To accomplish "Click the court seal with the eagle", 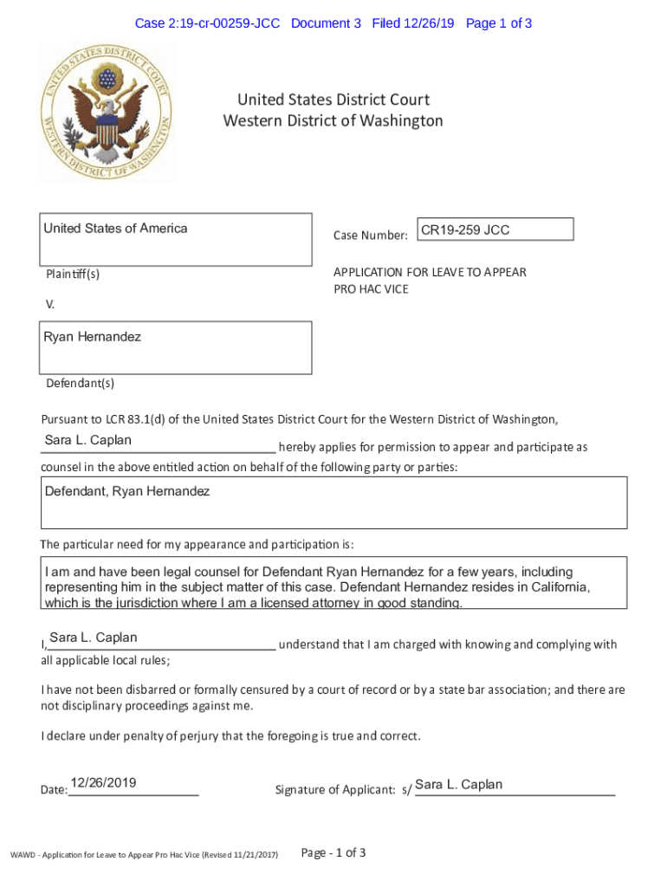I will coord(105,113).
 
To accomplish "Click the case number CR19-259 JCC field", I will coord(495,230).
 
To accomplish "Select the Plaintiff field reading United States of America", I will coord(176,239).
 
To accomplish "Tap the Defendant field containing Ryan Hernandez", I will coord(176,347).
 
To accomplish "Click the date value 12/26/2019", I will coord(103,783).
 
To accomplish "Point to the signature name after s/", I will coord(458,785).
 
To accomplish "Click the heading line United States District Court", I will coord(333,100).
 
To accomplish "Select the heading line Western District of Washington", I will coord(333,120).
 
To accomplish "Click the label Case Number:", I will coord(370,236).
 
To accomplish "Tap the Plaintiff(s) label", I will coord(73,275).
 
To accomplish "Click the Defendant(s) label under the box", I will coord(79,383).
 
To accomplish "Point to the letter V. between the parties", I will coord(49,304).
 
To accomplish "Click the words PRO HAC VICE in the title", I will coord(371,289).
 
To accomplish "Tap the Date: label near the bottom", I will coord(54,790).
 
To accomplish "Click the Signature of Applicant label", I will coord(334,790).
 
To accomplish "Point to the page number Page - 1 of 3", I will coord(333,853).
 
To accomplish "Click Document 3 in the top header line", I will coord(326,23).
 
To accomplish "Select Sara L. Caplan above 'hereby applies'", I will coord(88,440).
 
